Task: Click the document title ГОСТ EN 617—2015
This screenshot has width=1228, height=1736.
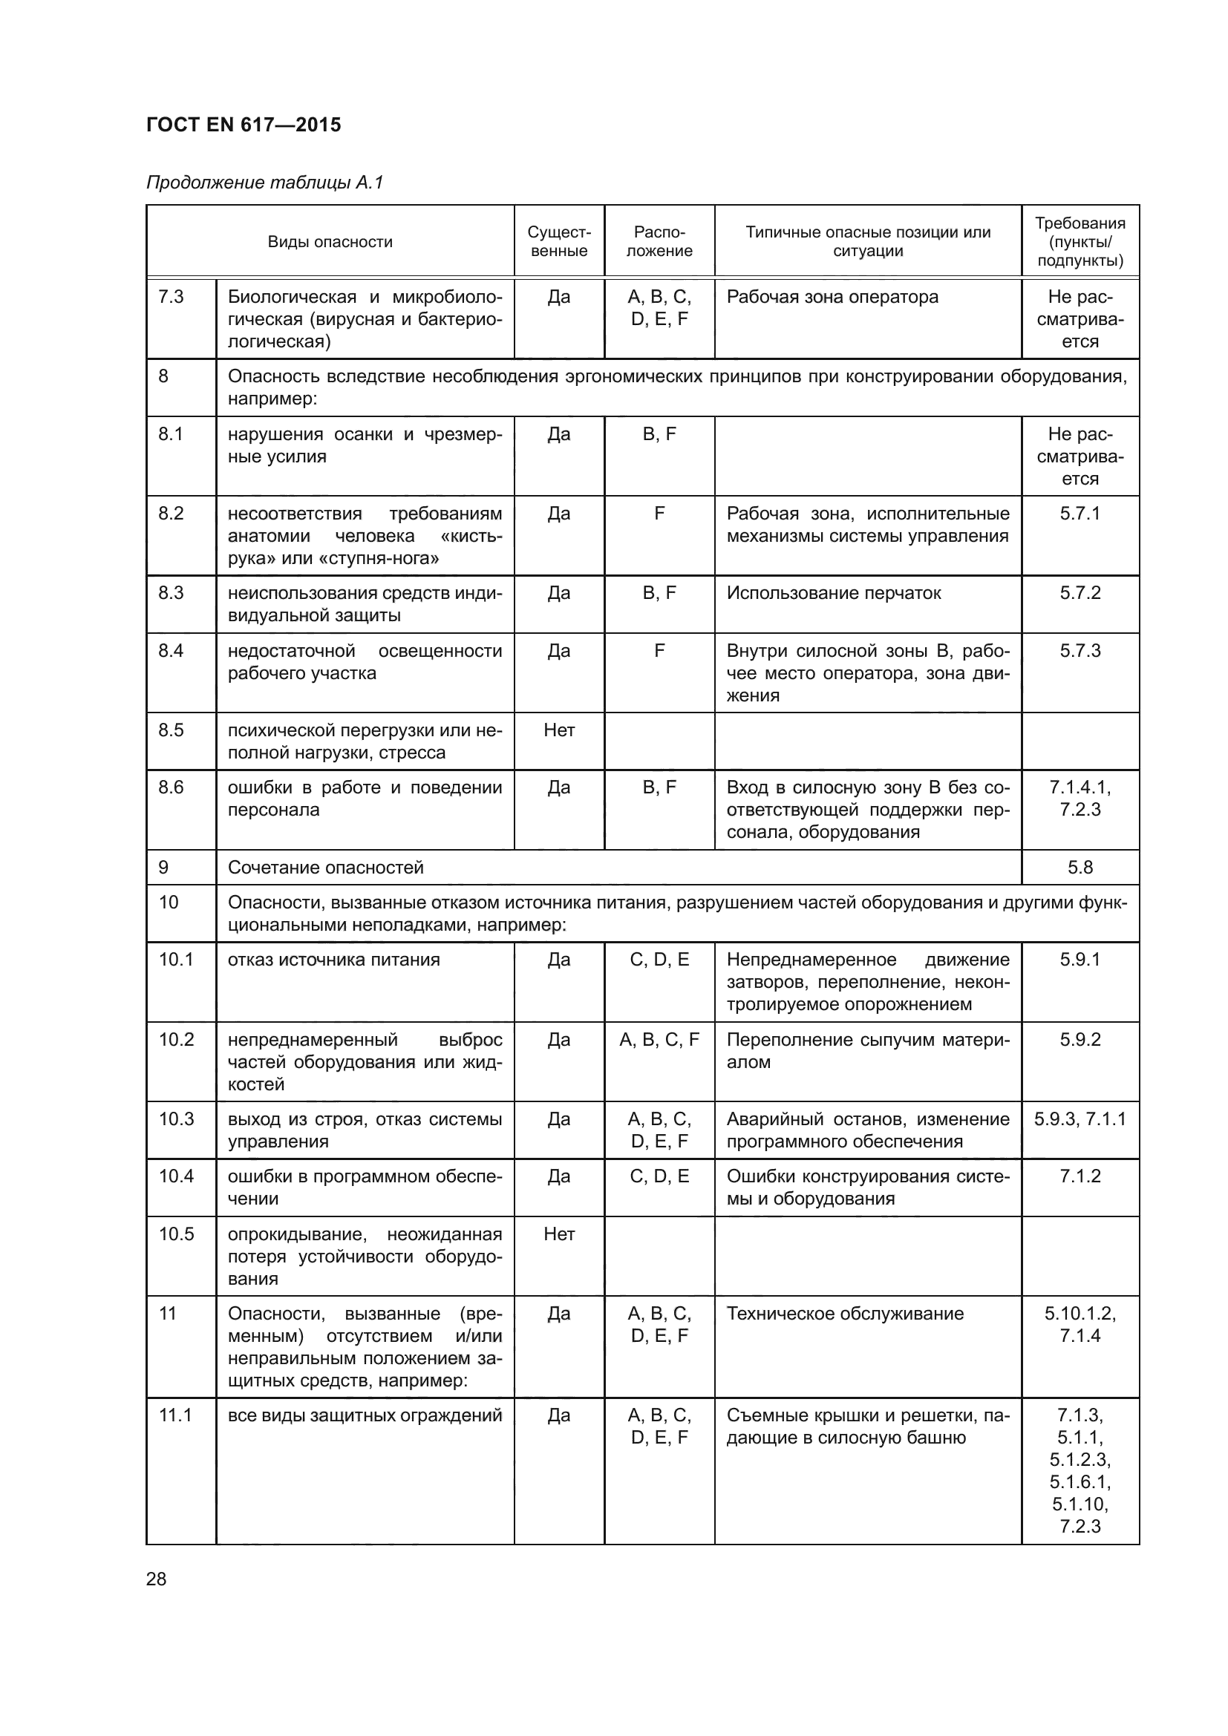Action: point(244,125)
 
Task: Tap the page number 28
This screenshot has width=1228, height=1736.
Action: point(156,1579)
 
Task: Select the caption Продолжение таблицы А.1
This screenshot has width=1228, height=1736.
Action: point(264,183)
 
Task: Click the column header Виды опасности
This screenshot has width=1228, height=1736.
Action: point(330,242)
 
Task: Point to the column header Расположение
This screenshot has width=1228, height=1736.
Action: point(659,242)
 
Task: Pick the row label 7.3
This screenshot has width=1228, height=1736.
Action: point(171,296)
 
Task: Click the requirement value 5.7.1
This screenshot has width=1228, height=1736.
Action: point(1080,514)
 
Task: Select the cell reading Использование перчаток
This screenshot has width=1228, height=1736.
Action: point(833,593)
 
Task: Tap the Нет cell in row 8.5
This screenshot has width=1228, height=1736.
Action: point(559,730)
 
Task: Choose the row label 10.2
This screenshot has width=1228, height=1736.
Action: point(176,1040)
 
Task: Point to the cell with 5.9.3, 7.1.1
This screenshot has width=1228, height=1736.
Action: point(1080,1119)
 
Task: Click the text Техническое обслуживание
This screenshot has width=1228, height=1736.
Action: point(845,1314)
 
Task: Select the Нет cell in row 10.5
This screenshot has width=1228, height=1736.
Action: point(559,1234)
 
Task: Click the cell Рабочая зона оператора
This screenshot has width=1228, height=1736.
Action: point(832,296)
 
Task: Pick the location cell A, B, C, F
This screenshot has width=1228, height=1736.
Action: point(659,1040)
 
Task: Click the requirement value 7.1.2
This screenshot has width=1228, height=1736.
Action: point(1080,1176)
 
